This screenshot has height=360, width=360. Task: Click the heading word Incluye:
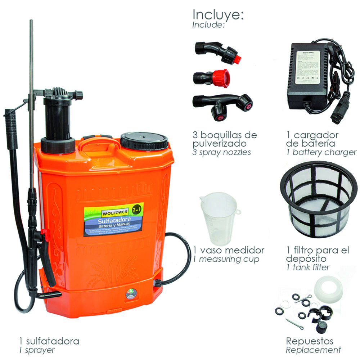click(219, 15)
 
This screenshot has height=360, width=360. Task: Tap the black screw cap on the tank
click(144, 141)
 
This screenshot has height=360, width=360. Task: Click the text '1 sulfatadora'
click(49, 341)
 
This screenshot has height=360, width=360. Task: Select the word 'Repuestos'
click(309, 341)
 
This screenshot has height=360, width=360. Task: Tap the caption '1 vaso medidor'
click(229, 250)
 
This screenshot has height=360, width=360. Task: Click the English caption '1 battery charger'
click(321, 152)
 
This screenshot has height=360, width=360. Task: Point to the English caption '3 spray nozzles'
click(221, 152)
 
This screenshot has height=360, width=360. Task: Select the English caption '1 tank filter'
click(308, 267)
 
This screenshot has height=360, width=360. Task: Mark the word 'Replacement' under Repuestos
click(313, 350)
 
